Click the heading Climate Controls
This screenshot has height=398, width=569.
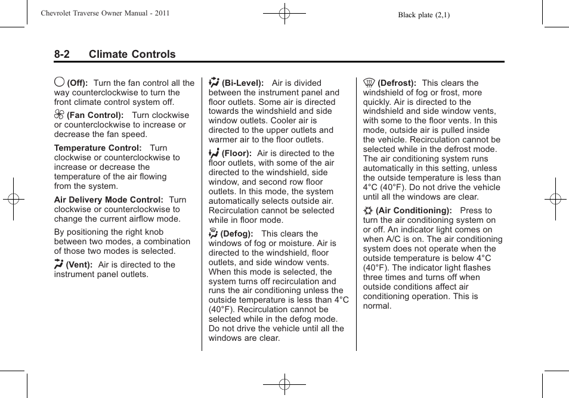pyautogui.click(x=132, y=54)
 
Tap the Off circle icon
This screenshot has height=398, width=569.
pyautogui.click(x=59, y=82)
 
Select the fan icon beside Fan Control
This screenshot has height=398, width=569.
pyautogui.click(x=59, y=115)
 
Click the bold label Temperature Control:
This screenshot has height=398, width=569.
pyautogui.click(x=98, y=148)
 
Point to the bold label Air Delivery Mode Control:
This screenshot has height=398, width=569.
pyautogui.click(x=109, y=200)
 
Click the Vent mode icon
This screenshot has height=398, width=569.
pyautogui.click(x=58, y=264)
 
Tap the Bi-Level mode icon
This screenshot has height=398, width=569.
pyautogui.click(x=214, y=82)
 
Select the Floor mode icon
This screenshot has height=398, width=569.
pyautogui.click(x=214, y=153)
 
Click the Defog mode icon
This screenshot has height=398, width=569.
pyautogui.click(x=213, y=233)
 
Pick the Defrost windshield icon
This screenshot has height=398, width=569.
pyautogui.click(x=369, y=83)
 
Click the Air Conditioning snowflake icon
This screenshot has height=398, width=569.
pyautogui.click(x=368, y=210)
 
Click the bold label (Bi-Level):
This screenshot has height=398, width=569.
pyautogui.click(x=243, y=83)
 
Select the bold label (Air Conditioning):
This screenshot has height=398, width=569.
pyautogui.click(x=413, y=210)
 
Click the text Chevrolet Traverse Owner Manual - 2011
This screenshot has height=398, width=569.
pyautogui.click(x=105, y=13)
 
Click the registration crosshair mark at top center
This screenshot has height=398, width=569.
pyautogui.click(x=284, y=13)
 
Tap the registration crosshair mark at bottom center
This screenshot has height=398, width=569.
pyautogui.click(x=284, y=384)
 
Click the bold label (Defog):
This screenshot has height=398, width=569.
pyautogui.click(x=237, y=234)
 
